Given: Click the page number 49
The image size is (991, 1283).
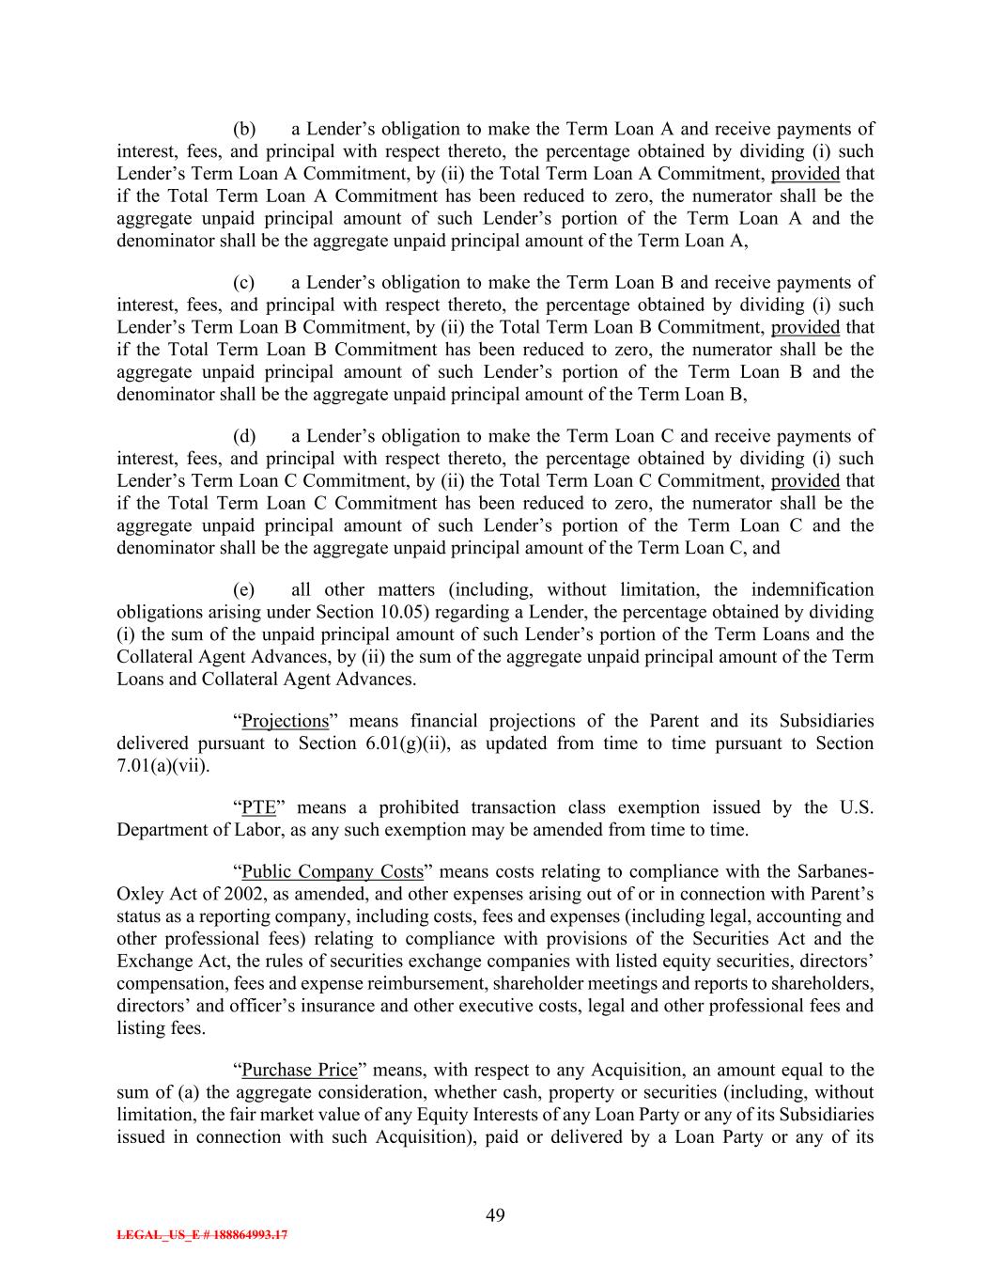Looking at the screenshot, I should point(495,1215).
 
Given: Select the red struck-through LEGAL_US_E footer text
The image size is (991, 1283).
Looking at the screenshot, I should point(202,1235).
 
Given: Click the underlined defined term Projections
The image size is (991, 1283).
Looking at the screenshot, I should point(286,721).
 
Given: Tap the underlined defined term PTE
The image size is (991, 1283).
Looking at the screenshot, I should point(259,807).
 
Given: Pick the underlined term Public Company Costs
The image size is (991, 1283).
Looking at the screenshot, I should point(333,871).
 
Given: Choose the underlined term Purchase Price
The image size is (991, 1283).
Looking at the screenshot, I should point(300,1070).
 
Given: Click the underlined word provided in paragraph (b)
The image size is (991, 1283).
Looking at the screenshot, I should point(805,173).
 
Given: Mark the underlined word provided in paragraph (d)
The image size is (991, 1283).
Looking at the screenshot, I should point(805,480).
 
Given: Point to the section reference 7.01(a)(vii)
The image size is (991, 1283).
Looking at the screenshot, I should point(161,765).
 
